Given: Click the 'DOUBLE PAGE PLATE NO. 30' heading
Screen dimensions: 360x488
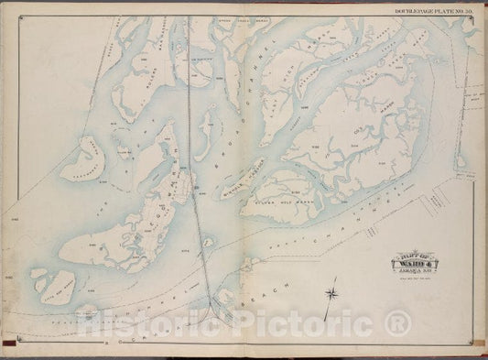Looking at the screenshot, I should click(433, 9).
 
